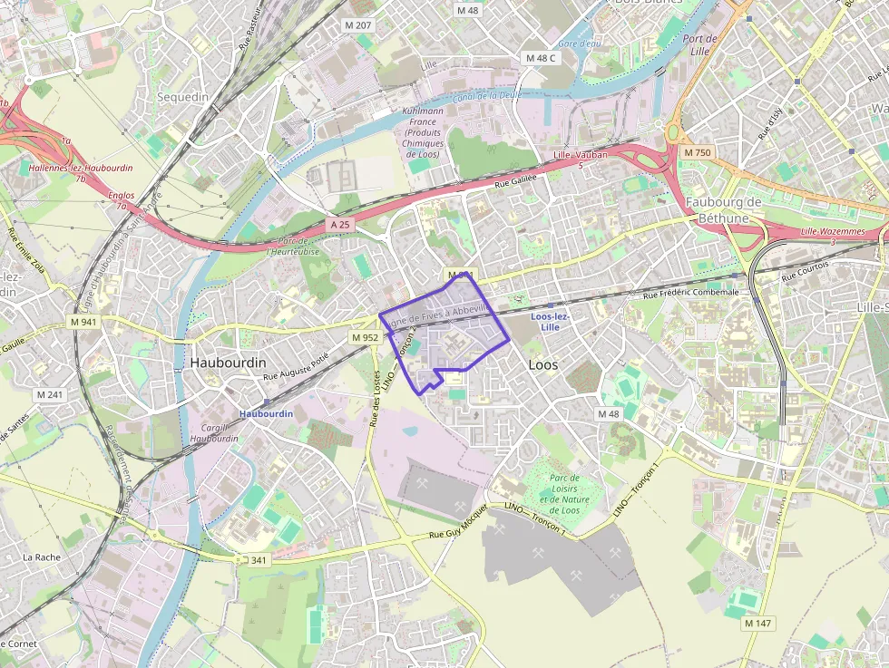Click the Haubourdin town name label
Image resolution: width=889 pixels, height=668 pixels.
point(228,362)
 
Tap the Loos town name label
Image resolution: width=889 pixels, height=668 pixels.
point(542,364)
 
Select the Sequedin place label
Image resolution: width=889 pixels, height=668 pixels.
point(182,97)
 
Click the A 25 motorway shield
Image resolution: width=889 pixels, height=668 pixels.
point(340,224)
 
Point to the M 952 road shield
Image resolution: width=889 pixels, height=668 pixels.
point(365,337)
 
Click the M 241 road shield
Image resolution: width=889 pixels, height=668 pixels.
point(50,394)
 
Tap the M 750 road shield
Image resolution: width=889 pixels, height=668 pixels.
point(698,152)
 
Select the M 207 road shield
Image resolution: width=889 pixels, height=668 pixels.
point(357,24)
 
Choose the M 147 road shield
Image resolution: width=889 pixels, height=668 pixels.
point(757,624)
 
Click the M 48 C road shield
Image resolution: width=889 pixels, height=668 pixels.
point(541,58)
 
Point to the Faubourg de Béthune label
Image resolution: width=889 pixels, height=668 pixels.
point(723,209)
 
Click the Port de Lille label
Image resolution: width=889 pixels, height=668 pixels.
point(699,44)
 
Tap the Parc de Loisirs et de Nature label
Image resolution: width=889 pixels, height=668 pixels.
point(564,494)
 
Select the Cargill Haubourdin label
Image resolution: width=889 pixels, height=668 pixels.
point(214,432)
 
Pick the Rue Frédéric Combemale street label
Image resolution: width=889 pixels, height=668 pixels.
point(690,293)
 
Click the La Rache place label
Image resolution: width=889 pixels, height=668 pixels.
point(41,557)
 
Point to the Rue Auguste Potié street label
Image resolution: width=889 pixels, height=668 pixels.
point(294,367)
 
